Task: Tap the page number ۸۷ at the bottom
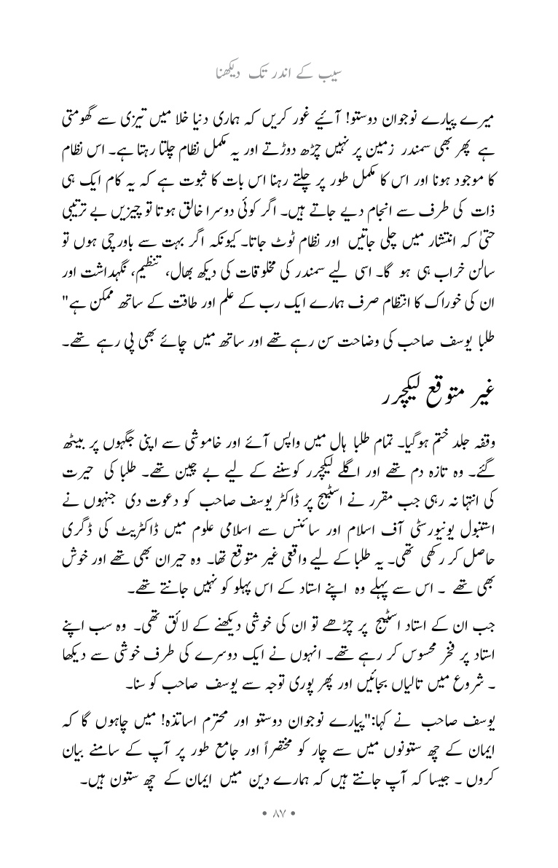pyautogui.click(x=279, y=827)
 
